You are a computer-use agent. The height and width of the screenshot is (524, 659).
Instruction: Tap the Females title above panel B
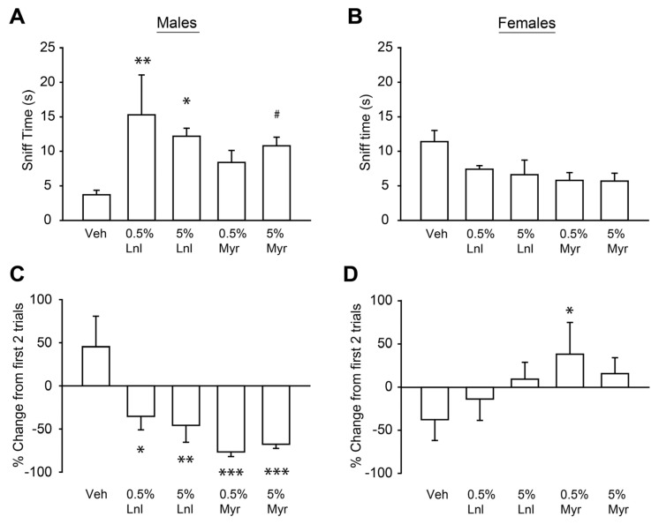(526, 20)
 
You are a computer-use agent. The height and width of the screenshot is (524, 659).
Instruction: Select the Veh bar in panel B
(434, 181)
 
